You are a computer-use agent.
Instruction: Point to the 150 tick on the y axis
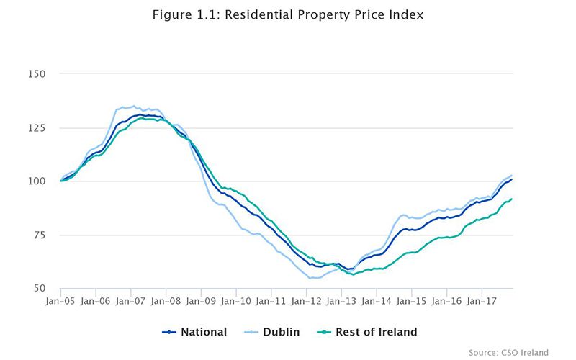[x=37, y=74]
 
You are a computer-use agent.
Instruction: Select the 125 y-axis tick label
[x=37, y=127]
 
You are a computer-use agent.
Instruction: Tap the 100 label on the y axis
[x=37, y=181]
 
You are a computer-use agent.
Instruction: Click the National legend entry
[x=194, y=332]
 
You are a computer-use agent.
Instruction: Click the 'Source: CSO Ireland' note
[x=508, y=352]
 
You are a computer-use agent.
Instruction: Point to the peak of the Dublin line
[x=133, y=106]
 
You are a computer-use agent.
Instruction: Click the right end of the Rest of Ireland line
[x=511, y=199]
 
